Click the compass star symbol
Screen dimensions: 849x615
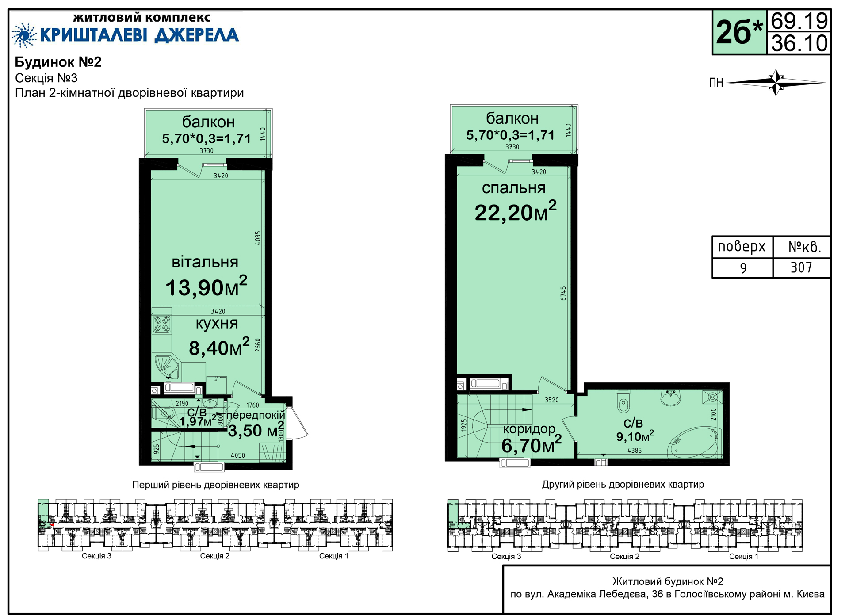pyautogui.click(x=776, y=82)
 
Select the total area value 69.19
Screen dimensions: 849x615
pyautogui.click(x=799, y=21)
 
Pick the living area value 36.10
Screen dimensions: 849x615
pyautogui.click(x=799, y=43)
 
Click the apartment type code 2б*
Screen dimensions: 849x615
pyautogui.click(x=739, y=32)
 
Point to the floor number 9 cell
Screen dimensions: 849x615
pyautogui.click(x=743, y=268)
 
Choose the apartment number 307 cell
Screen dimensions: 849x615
pyautogui.click(x=801, y=268)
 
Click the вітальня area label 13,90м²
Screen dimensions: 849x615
pyautogui.click(x=206, y=286)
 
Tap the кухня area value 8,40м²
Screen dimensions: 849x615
pyautogui.click(x=219, y=347)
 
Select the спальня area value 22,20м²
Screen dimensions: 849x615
pyautogui.click(x=516, y=211)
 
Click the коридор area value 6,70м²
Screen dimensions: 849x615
pyautogui.click(x=532, y=444)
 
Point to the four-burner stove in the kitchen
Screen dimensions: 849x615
pyautogui.click(x=161, y=324)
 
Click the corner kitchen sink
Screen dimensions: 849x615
pyautogui.click(x=166, y=367)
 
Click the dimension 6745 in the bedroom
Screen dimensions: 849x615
pyautogui.click(x=563, y=294)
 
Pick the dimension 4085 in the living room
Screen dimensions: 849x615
pyautogui.click(x=258, y=238)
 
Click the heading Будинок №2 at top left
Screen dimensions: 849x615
pyautogui.click(x=58, y=62)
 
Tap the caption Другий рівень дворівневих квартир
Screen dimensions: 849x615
pyautogui.click(x=623, y=485)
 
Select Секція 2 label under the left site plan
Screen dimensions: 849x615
pyautogui.click(x=215, y=556)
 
